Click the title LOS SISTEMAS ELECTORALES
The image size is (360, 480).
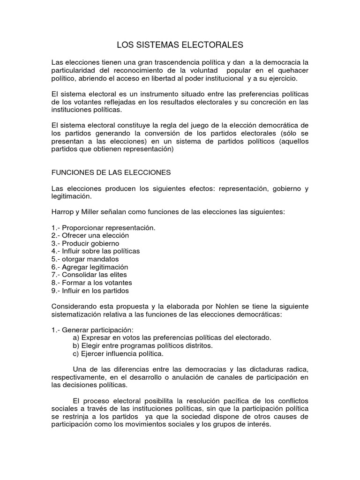(x=180, y=45)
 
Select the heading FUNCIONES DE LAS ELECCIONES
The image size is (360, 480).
(x=111, y=172)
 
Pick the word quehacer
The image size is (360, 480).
(x=292, y=70)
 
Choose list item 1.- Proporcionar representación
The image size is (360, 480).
(x=103, y=228)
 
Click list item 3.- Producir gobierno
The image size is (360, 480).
(x=85, y=243)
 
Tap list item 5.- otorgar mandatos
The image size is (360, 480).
(x=85, y=259)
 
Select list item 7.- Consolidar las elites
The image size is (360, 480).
(x=89, y=275)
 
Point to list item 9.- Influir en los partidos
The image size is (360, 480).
(x=90, y=291)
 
